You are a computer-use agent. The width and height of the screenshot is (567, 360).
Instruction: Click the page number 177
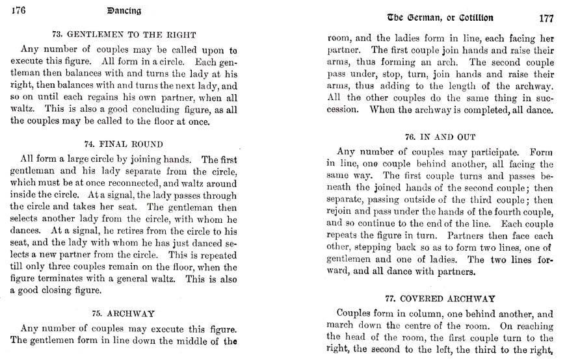[x=545, y=18]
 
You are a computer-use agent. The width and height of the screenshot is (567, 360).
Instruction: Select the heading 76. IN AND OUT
[x=440, y=137]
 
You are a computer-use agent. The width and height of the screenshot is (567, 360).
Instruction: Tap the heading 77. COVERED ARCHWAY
[x=440, y=299]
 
